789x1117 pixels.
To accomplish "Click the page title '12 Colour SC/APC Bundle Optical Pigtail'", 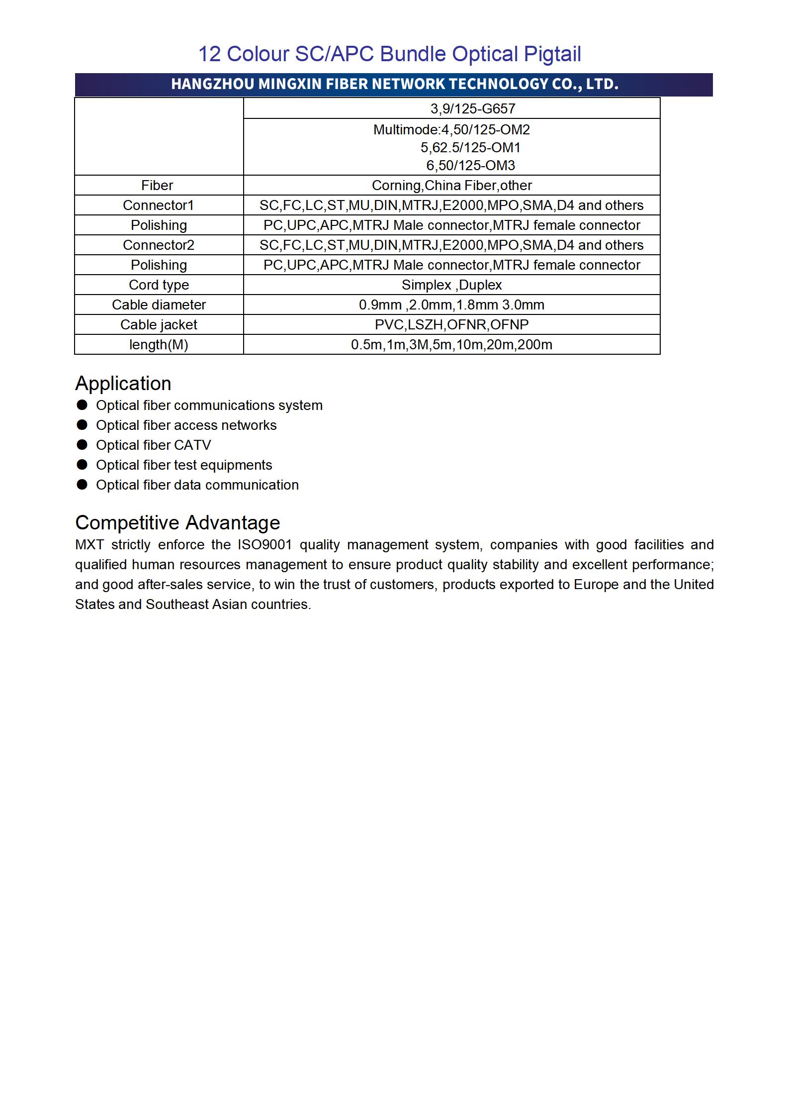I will point(389,54).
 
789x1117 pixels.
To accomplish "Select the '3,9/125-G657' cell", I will point(472,108).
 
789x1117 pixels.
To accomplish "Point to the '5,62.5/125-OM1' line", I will point(470,147).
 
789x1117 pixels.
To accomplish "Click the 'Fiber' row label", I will point(157,186).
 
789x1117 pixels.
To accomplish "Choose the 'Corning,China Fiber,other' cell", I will point(451,186).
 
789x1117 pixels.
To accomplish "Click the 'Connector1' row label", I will point(158,205).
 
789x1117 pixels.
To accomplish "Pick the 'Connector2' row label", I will point(158,245).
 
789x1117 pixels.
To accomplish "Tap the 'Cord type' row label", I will point(159,285).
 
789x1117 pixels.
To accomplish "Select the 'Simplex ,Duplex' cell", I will point(451,285).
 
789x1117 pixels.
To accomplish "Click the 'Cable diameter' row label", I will point(159,305).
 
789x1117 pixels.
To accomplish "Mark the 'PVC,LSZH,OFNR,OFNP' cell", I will point(451,325).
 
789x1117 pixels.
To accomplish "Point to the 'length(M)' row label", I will point(159,345).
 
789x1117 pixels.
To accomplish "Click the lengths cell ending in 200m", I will point(451,345).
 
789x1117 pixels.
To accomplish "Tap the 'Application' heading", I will point(123,384).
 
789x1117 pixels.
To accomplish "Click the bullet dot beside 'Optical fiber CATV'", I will point(82,445).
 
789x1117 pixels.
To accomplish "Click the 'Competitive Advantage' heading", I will point(177,523).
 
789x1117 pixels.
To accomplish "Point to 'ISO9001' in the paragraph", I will point(264,545).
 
